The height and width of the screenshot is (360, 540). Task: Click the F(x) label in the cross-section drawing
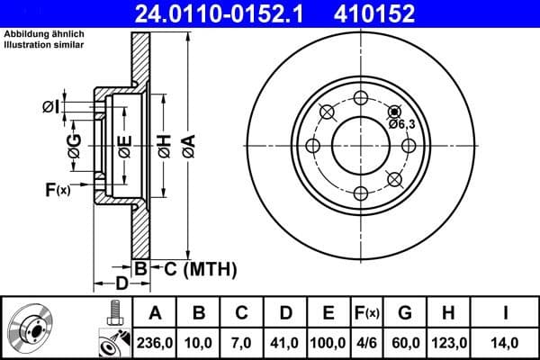point(57,189)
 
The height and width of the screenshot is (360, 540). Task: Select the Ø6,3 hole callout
point(401,123)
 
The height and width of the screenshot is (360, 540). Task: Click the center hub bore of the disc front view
point(359,145)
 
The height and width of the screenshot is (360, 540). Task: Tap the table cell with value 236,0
point(154,341)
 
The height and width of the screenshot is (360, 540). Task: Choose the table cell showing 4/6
point(366,341)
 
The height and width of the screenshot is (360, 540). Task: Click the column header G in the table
point(405,312)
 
